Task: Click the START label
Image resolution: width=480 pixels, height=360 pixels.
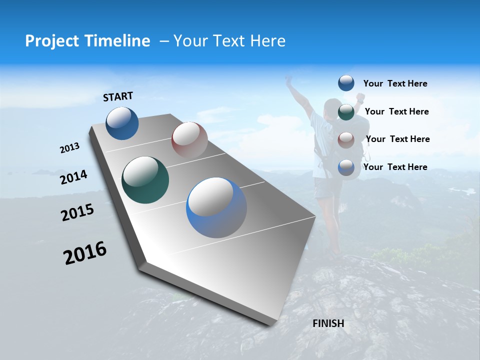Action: (118, 96)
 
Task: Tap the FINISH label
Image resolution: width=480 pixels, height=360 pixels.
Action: (328, 323)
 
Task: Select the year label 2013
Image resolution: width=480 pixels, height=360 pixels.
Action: (69, 148)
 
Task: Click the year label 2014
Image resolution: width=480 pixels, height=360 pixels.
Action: (73, 177)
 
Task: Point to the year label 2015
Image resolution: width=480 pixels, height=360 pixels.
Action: (77, 212)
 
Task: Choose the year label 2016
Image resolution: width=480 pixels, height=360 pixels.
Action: (85, 253)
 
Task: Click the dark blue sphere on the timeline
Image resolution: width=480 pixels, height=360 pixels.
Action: (122, 123)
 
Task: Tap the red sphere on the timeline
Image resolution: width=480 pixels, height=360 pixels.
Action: (189, 139)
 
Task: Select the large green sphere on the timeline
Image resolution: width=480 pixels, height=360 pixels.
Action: (145, 180)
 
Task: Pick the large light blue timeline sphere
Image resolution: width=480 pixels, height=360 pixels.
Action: (216, 207)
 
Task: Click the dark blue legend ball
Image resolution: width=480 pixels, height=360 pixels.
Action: (346, 83)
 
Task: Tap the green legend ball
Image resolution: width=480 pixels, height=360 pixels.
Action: (346, 111)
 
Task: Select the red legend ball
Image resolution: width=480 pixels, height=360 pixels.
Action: (346, 139)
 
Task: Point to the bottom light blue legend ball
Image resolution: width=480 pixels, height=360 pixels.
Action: (346, 167)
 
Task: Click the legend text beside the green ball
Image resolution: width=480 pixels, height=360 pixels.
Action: (396, 111)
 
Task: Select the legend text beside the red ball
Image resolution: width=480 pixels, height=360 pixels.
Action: (397, 139)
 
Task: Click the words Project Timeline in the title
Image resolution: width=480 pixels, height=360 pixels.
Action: (87, 41)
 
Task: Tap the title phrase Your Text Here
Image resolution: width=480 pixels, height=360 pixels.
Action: (229, 41)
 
